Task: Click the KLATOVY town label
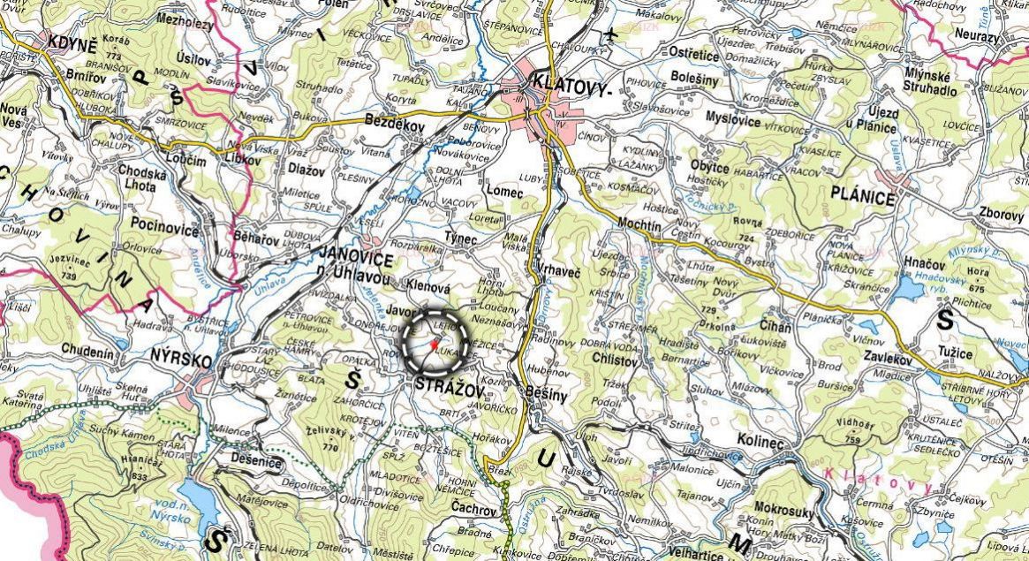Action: point(571,86)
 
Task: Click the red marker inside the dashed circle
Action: point(434,343)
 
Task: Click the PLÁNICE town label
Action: point(862,196)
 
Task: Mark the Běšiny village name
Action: point(545,395)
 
